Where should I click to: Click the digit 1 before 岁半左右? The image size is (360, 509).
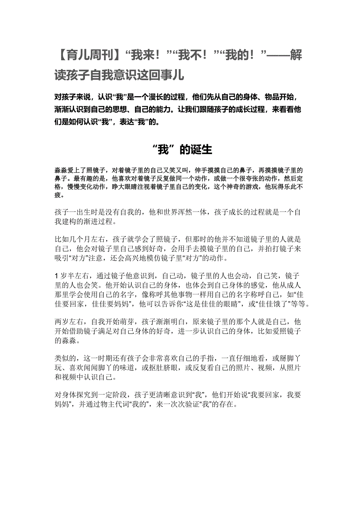pyautogui.click(x=57, y=275)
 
